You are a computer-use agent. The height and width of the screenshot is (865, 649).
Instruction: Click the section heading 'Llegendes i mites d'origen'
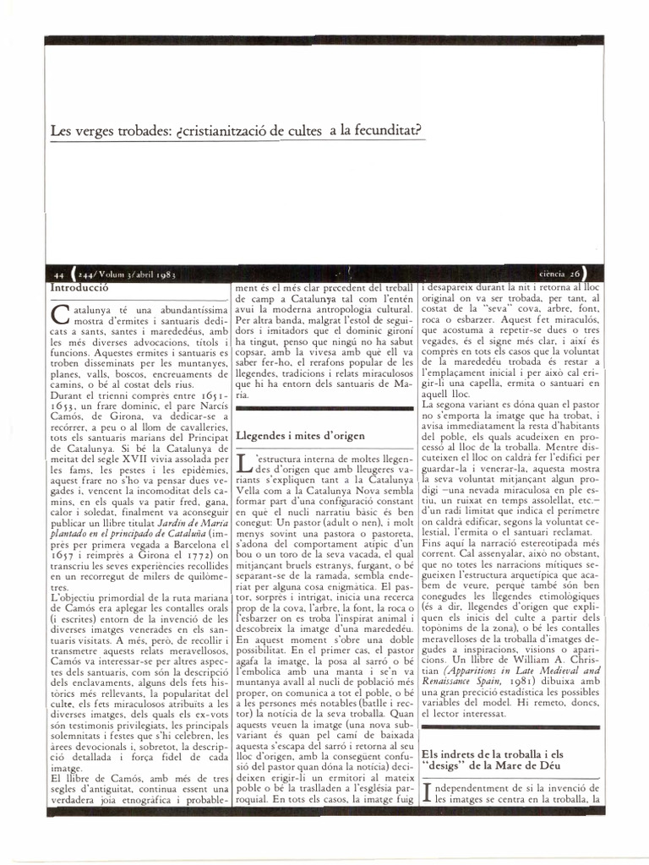300,436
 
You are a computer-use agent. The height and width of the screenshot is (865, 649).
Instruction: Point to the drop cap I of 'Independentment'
426,792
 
